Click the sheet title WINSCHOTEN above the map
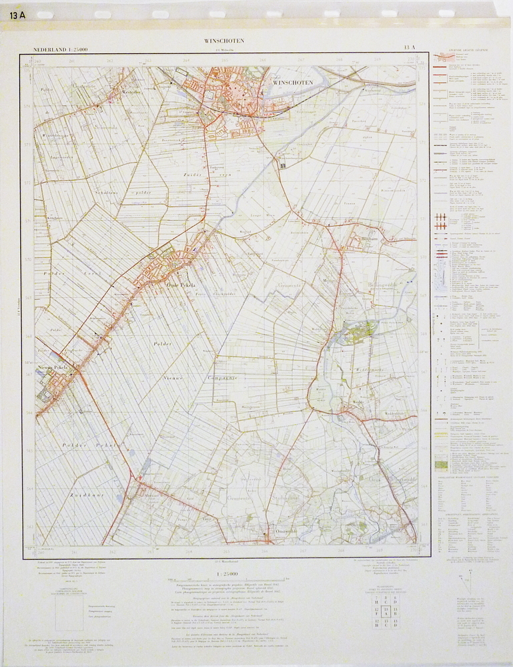224,41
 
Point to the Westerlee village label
129,93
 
